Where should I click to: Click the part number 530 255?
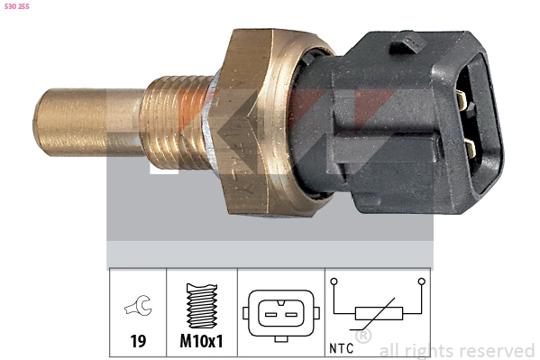[x=17, y=6]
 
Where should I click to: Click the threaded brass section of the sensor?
[x=176, y=123]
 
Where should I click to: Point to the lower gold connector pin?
[x=470, y=148]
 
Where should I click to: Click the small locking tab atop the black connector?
[x=408, y=43]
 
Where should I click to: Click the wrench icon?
[x=139, y=306]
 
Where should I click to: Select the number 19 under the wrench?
[x=138, y=341]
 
